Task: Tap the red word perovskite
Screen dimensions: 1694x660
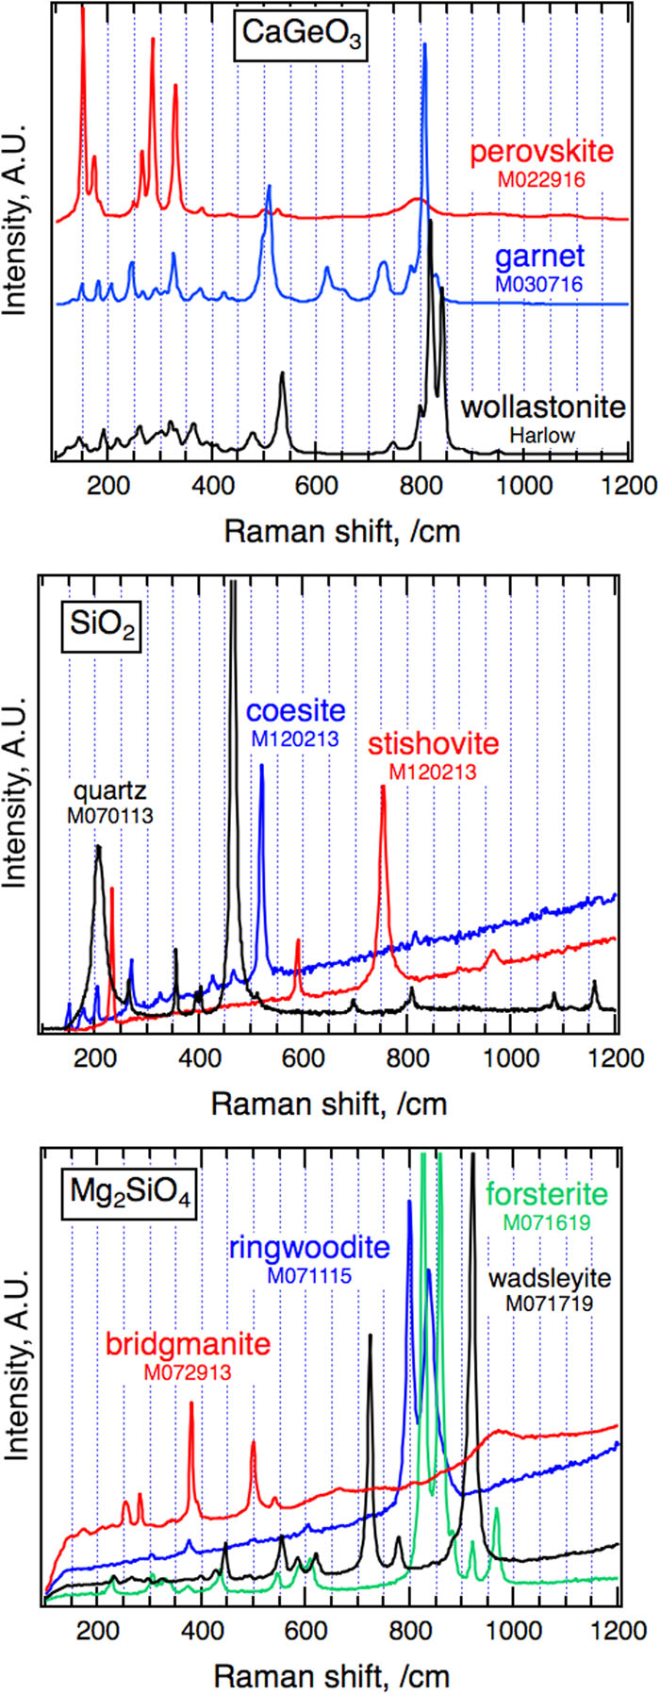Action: (541, 152)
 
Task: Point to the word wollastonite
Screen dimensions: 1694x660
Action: (543, 407)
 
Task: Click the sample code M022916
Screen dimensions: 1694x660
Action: (541, 179)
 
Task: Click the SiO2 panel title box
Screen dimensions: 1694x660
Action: (102, 627)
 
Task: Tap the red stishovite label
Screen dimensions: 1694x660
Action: (433, 744)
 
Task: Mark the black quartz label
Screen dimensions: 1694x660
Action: (110, 789)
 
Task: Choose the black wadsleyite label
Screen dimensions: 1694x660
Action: (550, 1279)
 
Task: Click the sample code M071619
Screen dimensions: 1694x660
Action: (547, 1223)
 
